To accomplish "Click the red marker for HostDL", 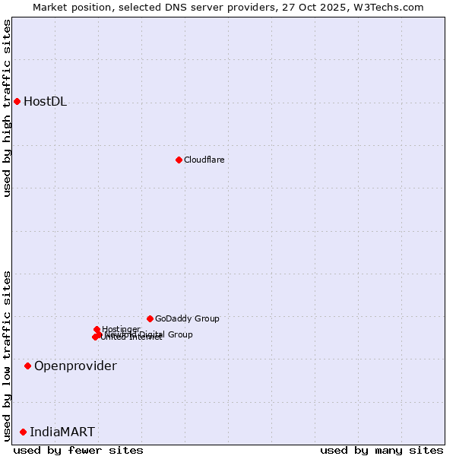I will coord(17,101).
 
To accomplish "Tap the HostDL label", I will coord(45,102).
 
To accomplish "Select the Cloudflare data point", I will coord(179,160).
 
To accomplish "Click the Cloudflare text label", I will coord(204,160).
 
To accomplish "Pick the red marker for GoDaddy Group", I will coord(150,318).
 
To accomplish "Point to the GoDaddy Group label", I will coord(187,319).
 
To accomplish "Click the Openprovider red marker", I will coord(27,366).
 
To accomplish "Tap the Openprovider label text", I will coord(75,366).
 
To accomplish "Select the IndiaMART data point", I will coord(23,432).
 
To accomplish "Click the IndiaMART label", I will coord(62,432).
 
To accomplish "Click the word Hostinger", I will coord(121,329).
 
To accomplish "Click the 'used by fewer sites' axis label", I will coord(78,451).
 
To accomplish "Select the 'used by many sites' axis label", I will coord(381,451).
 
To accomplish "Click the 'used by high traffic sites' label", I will coord(8,108).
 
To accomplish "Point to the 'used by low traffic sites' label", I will coord(8,355).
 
